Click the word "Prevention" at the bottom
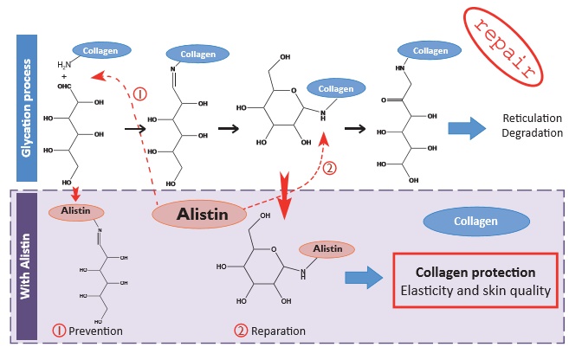click(94, 331)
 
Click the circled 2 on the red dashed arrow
click(328, 169)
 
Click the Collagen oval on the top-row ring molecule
click(334, 89)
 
